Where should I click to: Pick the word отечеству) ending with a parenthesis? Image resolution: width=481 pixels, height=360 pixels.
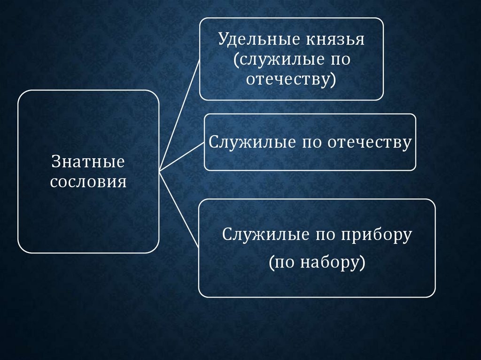291,79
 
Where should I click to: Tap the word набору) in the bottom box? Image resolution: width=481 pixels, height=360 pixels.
336,263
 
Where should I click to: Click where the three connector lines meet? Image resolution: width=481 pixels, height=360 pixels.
160,170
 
